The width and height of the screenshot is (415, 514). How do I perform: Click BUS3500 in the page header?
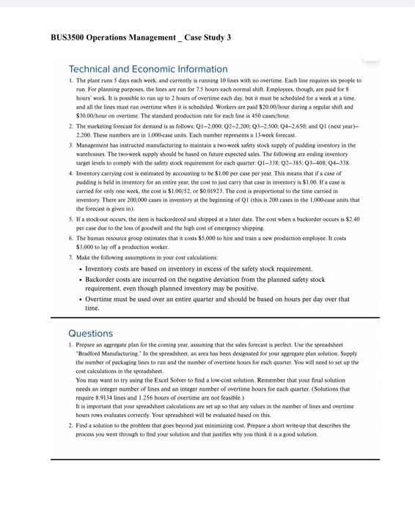point(68,37)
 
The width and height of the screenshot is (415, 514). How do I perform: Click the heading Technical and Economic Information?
point(147,68)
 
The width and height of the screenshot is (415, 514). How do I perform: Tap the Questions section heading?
point(90,333)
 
